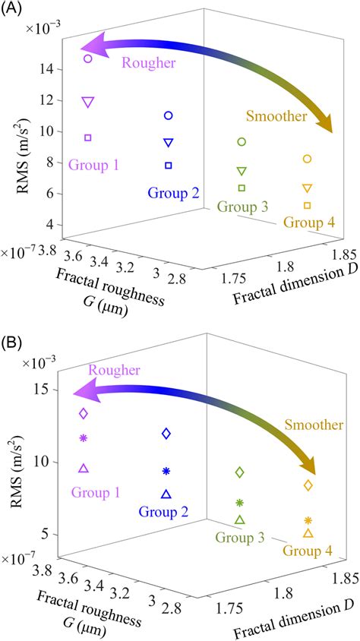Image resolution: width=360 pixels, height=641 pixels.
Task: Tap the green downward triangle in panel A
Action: click(x=242, y=171)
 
